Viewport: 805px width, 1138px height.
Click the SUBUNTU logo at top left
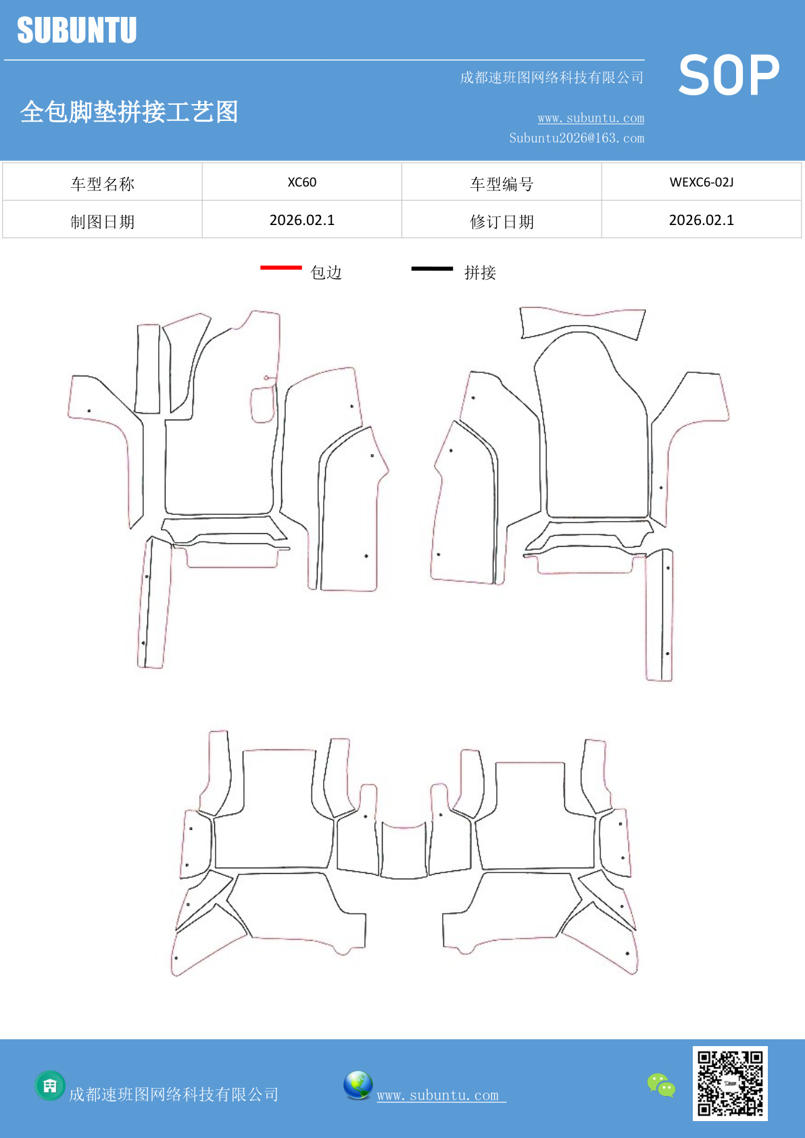77,30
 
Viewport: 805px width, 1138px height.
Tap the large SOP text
729,76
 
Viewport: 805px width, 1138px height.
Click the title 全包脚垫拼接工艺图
129,112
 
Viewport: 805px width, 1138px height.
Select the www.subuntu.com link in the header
591,118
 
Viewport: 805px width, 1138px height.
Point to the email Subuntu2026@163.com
577,138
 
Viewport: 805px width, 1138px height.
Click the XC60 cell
301,182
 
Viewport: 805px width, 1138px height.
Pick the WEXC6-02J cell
701,182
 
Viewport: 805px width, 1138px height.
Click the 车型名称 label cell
102,184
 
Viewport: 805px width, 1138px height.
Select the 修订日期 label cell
502,222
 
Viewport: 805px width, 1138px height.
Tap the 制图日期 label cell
102,222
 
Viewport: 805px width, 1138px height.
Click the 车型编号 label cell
502,184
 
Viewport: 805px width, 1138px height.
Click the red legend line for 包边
280,268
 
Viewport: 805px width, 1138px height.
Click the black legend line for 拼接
432,268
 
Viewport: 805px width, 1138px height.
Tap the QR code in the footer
730,1083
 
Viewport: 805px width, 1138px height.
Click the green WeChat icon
661,1085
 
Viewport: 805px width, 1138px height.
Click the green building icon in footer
50,1086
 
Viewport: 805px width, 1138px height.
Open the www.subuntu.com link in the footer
441,1095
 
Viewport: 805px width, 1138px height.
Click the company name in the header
552,78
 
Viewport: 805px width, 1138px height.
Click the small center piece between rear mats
404,851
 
